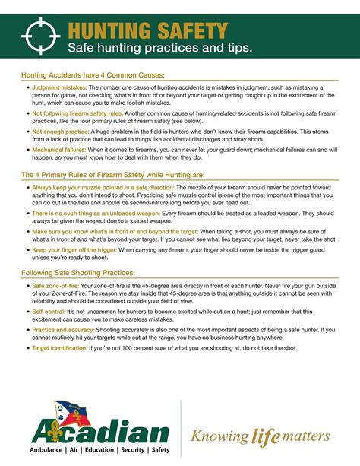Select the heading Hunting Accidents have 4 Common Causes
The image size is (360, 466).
tap(93, 75)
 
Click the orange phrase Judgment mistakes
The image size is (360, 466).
tap(59, 88)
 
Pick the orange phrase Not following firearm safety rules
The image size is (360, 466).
tap(80, 113)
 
